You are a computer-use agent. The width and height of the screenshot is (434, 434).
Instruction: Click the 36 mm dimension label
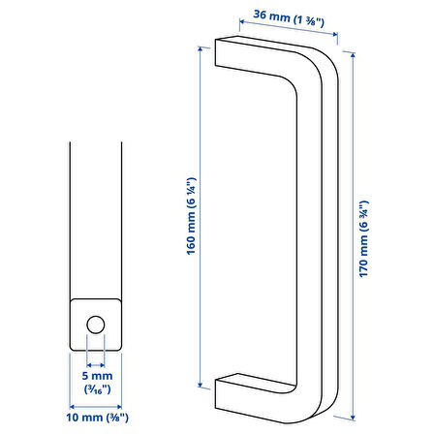click(289, 18)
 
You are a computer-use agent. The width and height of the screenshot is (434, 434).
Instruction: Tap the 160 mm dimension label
click(191, 216)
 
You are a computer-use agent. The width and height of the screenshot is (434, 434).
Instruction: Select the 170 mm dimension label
click(364, 238)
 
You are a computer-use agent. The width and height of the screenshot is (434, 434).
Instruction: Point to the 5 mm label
click(97, 376)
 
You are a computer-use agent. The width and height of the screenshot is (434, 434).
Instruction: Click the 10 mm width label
click(98, 418)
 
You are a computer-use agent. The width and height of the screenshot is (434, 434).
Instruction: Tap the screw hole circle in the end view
click(96, 325)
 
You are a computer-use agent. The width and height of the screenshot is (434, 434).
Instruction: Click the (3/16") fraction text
click(98, 389)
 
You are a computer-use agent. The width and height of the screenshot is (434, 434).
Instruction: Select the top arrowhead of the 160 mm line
click(201, 49)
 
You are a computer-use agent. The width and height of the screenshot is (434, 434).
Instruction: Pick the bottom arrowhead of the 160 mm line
click(201, 385)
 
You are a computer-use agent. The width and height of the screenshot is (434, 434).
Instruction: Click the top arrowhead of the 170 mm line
click(353, 55)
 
